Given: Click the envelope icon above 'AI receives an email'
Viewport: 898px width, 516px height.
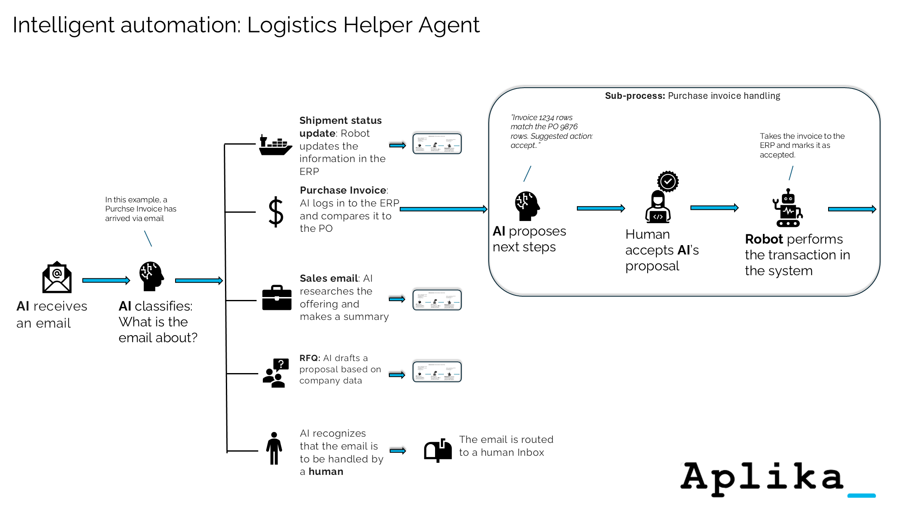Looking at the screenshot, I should [x=57, y=278].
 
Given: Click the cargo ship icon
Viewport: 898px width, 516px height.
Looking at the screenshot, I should [x=275, y=145].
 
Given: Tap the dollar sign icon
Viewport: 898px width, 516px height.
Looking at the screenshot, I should [x=276, y=212].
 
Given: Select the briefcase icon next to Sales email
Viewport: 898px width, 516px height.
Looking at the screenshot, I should [x=277, y=298].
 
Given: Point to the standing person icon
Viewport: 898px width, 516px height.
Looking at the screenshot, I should [x=274, y=448].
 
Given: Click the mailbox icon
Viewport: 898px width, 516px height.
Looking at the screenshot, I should [x=438, y=450].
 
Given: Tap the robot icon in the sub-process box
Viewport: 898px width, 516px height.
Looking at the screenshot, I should [x=788, y=208].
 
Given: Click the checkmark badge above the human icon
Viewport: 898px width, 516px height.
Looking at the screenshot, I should [x=668, y=181].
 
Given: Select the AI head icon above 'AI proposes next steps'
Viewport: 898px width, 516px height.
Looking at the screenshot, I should [x=527, y=206].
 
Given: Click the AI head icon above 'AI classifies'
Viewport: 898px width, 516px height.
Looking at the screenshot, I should [x=151, y=276].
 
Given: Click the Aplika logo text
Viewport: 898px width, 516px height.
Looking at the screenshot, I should [x=762, y=477].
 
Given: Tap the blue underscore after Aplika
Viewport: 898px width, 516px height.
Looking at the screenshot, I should [x=861, y=495].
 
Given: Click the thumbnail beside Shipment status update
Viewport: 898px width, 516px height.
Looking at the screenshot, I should [x=437, y=144].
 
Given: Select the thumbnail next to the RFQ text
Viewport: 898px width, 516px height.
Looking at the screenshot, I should [x=437, y=371].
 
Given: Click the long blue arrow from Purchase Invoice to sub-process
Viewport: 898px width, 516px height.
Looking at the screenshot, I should [x=443, y=209].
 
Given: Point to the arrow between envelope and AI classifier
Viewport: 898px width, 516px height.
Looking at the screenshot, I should [x=106, y=280].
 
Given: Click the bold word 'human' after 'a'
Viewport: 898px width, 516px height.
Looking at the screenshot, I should [x=326, y=472].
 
